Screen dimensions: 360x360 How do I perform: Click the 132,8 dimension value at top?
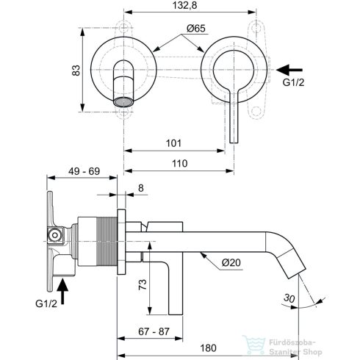coord(184,5)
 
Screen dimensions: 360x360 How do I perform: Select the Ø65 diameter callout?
coord(196,29)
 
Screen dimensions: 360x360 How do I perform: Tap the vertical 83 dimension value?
coord(76,71)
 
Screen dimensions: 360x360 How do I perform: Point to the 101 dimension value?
coord(173,143)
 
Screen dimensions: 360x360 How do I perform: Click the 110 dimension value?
coord(179,163)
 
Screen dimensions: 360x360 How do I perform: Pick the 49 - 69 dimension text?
coord(84,171)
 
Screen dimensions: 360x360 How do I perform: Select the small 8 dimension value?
coord(141,188)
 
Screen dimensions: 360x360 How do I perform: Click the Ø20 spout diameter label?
coord(231,263)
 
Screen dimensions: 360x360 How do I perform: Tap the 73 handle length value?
coord(143,284)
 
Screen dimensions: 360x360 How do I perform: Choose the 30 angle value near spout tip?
coord(289,298)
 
